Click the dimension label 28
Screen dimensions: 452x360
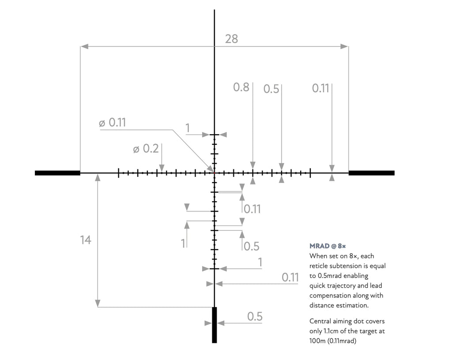[x=231, y=39]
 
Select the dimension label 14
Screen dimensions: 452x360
[x=86, y=240]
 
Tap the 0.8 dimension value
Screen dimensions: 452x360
[x=241, y=87]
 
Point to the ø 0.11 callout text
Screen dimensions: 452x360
[x=113, y=123]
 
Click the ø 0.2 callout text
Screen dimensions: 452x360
[x=146, y=149]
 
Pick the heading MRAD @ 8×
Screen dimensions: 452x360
[x=328, y=246]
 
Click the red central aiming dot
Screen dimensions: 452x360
[x=215, y=173]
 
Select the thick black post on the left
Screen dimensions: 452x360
[x=58, y=173]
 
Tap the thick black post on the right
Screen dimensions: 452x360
[x=372, y=173]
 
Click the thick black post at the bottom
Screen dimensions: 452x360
[x=215, y=325]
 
